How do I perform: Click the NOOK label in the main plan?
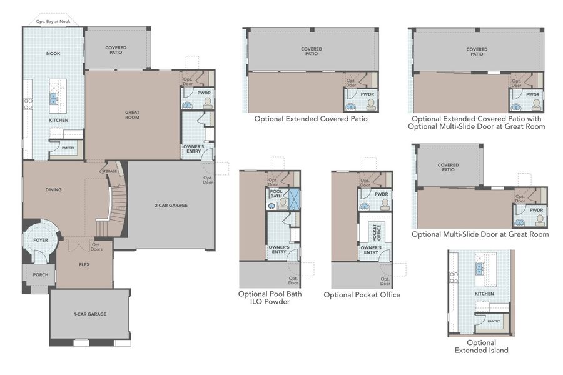[x=53, y=54]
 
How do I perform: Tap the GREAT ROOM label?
[x=132, y=114]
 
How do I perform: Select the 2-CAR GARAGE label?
[x=171, y=205]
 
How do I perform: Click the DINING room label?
[x=53, y=190]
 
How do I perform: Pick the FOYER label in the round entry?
[x=41, y=239]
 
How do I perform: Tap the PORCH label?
[x=41, y=274]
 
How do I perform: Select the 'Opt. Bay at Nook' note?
[x=53, y=22]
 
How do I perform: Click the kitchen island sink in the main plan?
[x=54, y=98]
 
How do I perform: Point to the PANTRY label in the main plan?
[x=67, y=147]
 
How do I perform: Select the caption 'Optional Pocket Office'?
[x=362, y=294]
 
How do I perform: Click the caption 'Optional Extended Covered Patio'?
[x=311, y=118]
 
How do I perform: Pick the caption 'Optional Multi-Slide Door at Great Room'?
[x=480, y=234]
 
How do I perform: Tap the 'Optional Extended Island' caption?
[x=481, y=346]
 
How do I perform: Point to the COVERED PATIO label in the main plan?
[x=116, y=50]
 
